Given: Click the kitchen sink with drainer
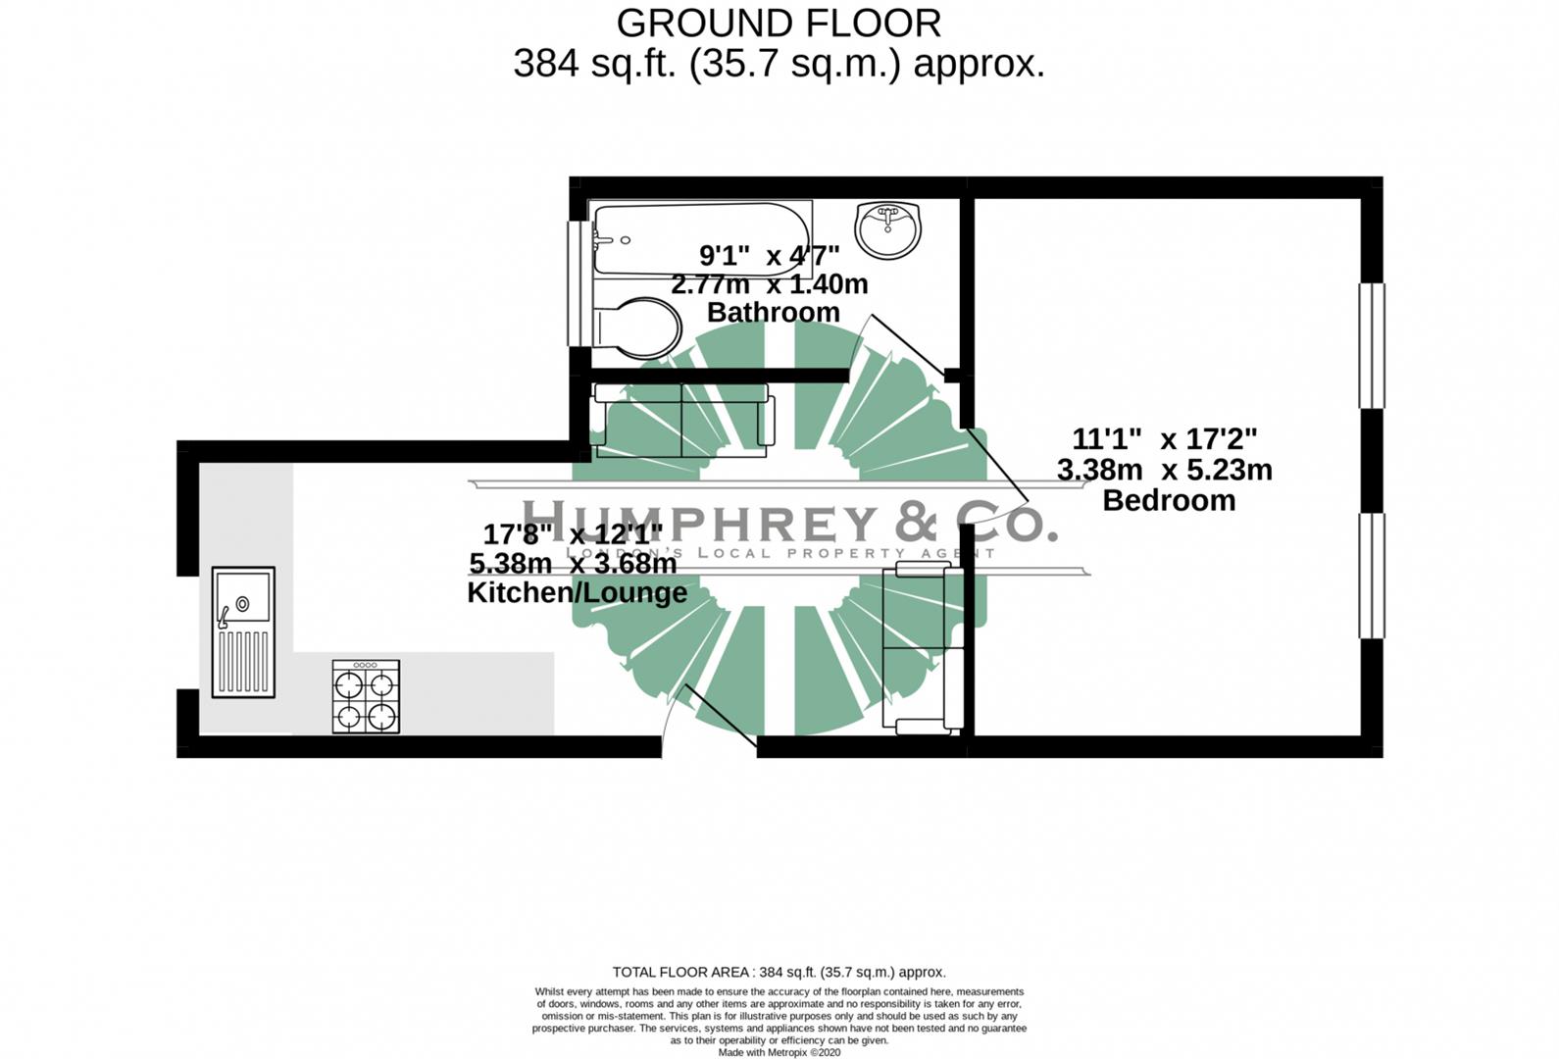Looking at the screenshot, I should coord(243,632).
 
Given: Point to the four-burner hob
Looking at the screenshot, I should coord(366,697).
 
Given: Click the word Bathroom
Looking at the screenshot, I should coord(773,313).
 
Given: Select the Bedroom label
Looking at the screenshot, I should coord(1168,500).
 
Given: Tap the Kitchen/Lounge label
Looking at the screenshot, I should coord(577,592).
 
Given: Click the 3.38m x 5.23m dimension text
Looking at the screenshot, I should coord(1164,470).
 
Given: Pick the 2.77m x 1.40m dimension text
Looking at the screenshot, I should coord(769,284).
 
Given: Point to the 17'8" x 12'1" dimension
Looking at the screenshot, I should coord(573,534).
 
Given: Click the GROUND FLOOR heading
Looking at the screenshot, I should coord(779,23).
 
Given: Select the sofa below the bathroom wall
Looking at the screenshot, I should coord(683,421).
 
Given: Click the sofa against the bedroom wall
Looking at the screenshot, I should coord(922,649).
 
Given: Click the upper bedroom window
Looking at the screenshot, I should coord(1371,345).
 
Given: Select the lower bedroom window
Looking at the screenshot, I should coord(1371,576).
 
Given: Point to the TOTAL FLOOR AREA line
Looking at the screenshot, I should coord(779,972).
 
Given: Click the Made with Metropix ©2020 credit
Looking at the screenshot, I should coord(779,1052).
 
